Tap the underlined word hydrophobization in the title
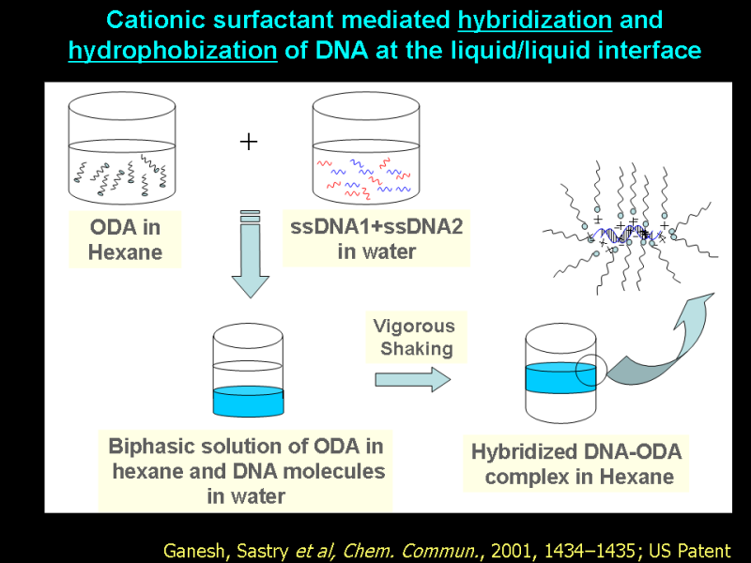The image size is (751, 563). coord(173,51)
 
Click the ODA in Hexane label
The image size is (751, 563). coord(125,239)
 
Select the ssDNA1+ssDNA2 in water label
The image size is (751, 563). coord(376,238)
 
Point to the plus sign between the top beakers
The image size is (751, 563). coord(249,142)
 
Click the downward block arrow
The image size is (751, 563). coord(250,253)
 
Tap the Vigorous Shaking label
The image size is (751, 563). coord(414,338)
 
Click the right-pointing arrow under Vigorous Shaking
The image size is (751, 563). coord(412,378)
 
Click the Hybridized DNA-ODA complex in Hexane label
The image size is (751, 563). coord(576,464)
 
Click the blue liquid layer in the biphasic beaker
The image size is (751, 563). coord(249,402)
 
